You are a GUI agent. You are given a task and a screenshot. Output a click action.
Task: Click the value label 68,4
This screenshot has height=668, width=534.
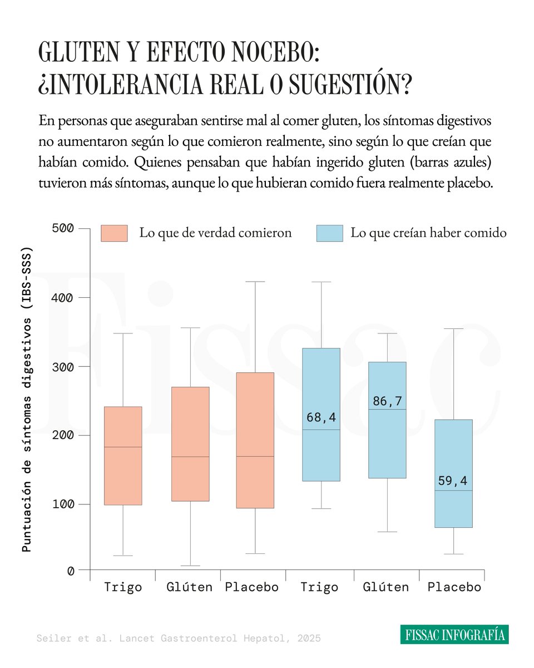[320, 417]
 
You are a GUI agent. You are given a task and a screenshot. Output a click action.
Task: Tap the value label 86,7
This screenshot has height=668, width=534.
[387, 401]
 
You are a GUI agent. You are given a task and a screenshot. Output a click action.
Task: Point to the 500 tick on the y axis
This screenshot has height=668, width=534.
[63, 228]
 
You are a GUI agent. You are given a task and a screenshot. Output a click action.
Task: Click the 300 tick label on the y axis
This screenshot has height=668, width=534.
[63, 366]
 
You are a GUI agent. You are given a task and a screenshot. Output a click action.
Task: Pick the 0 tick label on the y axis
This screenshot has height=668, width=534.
[70, 571]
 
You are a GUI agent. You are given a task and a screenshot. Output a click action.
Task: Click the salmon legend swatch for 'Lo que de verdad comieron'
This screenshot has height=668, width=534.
[114, 233]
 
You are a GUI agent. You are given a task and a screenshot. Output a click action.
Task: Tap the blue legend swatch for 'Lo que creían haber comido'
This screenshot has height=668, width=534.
[329, 233]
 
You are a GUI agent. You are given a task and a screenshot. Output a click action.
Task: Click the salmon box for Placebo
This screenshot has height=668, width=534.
[255, 440]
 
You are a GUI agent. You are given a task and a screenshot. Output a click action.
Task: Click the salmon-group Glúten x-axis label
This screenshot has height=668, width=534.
[190, 587]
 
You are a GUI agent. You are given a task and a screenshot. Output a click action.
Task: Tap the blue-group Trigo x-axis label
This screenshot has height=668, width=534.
[319, 587]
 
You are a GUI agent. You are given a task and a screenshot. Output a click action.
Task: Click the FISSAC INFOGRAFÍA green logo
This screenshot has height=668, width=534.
[454, 635]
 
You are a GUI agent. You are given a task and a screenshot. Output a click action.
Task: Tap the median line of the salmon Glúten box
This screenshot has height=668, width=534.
[190, 456]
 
